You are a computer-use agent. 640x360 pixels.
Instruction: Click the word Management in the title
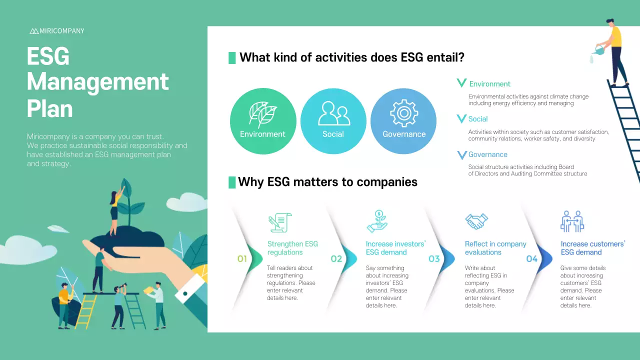pyautogui.click(x=98, y=81)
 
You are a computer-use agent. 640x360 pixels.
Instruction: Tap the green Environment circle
pyautogui.click(x=263, y=121)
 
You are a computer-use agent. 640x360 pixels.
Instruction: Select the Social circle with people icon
pyautogui.click(x=333, y=121)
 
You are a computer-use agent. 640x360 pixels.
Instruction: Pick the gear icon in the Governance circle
pyautogui.click(x=404, y=113)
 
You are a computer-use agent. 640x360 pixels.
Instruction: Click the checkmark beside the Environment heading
pyautogui.click(x=461, y=83)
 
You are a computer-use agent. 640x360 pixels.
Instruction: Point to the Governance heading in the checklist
pyautogui.click(x=487, y=154)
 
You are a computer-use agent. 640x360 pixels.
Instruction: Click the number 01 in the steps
pyautogui.click(x=242, y=259)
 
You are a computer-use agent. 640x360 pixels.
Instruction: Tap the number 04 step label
pyautogui.click(x=531, y=259)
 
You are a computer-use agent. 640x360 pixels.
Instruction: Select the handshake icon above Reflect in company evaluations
pyautogui.click(x=476, y=221)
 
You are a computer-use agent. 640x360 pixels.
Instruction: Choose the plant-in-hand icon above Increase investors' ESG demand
pyautogui.click(x=377, y=221)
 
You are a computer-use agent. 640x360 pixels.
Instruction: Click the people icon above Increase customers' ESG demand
pyautogui.click(x=572, y=221)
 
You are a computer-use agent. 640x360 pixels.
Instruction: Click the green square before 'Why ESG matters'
pyautogui.click(x=232, y=182)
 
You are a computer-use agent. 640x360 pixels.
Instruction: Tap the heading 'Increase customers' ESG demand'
pyautogui.click(x=592, y=248)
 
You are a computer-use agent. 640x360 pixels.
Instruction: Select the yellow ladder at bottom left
pyautogui.click(x=86, y=311)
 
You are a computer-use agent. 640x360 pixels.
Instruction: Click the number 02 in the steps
pyautogui.click(x=336, y=259)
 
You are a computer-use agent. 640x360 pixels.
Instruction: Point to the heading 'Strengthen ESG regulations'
pyautogui.click(x=292, y=248)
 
